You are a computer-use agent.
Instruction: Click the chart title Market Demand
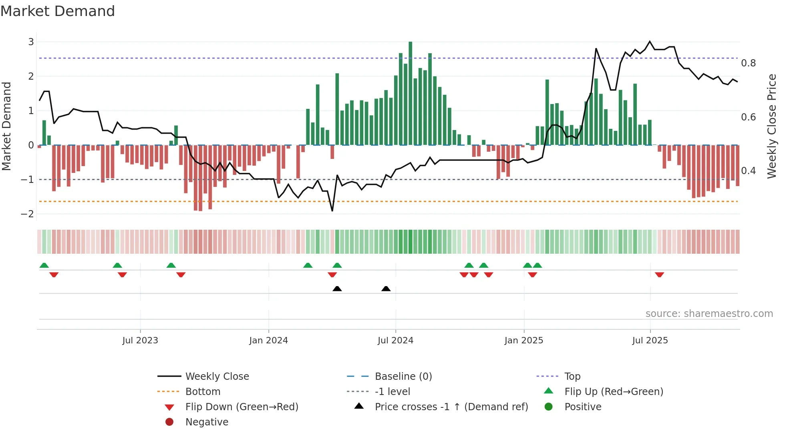pyautogui.click(x=58, y=11)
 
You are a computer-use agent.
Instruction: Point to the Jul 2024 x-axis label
pyautogui.click(x=395, y=341)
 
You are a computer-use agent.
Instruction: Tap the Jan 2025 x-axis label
pyautogui.click(x=523, y=341)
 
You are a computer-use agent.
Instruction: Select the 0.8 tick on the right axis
pyautogui.click(x=748, y=63)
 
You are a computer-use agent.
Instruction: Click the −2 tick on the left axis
pyautogui.click(x=27, y=214)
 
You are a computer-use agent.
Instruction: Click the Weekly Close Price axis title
pyautogui.click(x=771, y=126)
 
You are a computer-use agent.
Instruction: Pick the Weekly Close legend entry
pyautogui.click(x=217, y=377)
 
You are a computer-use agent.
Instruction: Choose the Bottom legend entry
pyautogui.click(x=203, y=392)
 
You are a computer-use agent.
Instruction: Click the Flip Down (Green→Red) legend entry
pyautogui.click(x=242, y=407)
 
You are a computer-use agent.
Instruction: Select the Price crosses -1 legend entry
pyautogui.click(x=451, y=407)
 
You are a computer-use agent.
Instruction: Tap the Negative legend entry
pyautogui.click(x=207, y=422)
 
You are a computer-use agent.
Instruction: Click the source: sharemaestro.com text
pyautogui.click(x=709, y=314)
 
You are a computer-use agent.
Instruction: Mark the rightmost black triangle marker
pyautogui.click(x=386, y=289)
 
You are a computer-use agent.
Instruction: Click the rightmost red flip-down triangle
pyautogui.click(x=659, y=275)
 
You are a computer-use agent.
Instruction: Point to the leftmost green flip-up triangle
pyautogui.click(x=44, y=265)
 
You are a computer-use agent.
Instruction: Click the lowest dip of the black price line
pyautogui.click(x=332, y=210)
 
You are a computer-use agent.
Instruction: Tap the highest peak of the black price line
pyautogui.click(x=650, y=42)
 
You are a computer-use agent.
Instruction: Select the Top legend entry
pyautogui.click(x=572, y=377)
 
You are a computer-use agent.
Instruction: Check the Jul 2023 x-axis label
pyautogui.click(x=140, y=341)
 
